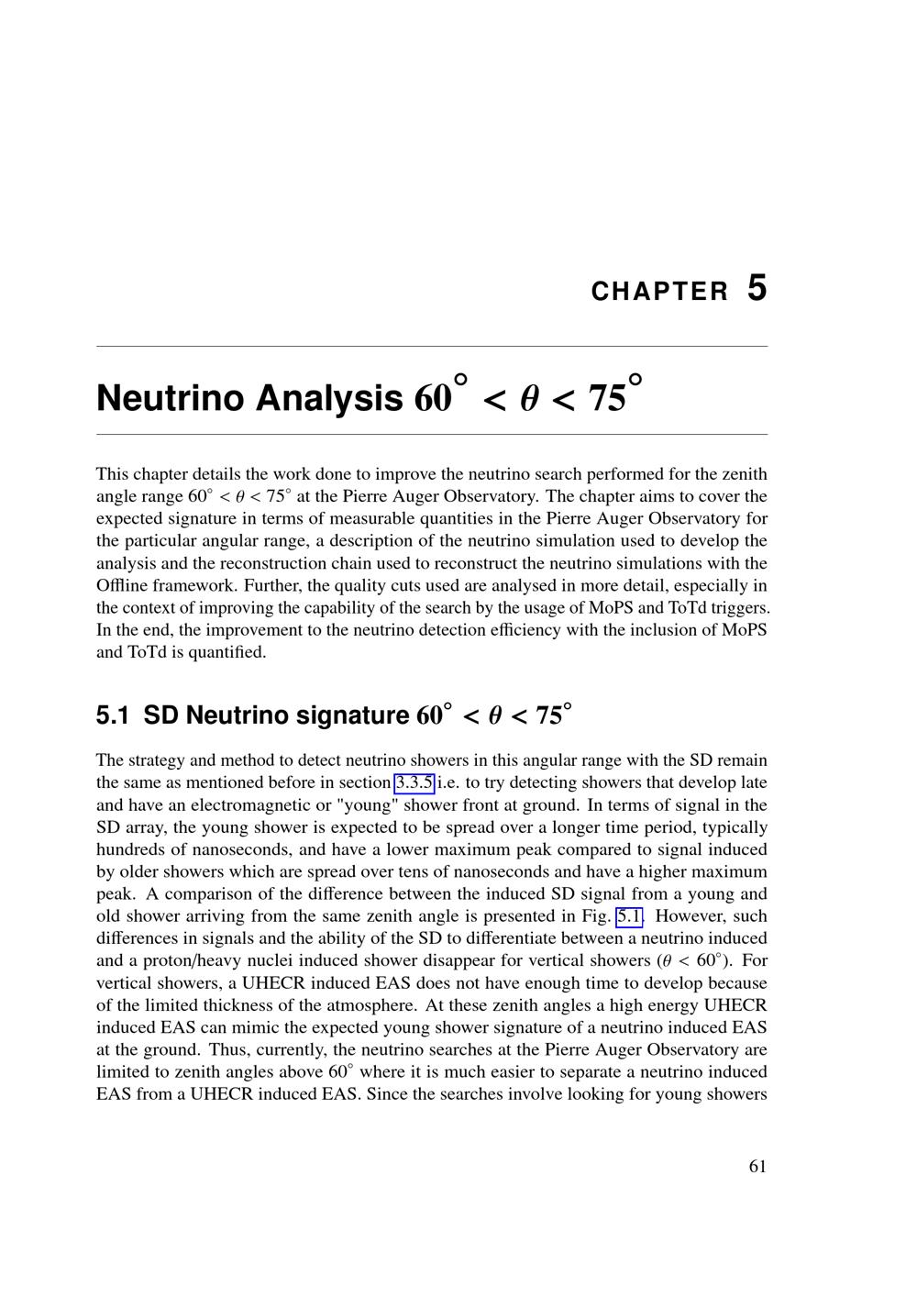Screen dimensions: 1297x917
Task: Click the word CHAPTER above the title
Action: pyautogui.click(x=659, y=292)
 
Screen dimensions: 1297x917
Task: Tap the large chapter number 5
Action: pyautogui.click(x=757, y=288)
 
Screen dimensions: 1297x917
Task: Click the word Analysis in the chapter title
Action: pyautogui.click(x=328, y=398)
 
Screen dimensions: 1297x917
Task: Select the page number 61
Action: pyautogui.click(x=757, y=1166)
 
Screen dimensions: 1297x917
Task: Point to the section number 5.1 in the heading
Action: pyautogui.click(x=114, y=715)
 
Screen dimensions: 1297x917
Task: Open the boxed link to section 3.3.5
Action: pyautogui.click(x=414, y=782)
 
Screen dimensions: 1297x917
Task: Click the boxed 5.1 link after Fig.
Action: pyautogui.click(x=629, y=916)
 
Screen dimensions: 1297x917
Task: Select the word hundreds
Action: pyautogui.click(x=128, y=849)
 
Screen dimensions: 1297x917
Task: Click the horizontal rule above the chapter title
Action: pyautogui.click(x=432, y=346)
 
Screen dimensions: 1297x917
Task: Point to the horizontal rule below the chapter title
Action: pyautogui.click(x=432, y=434)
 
